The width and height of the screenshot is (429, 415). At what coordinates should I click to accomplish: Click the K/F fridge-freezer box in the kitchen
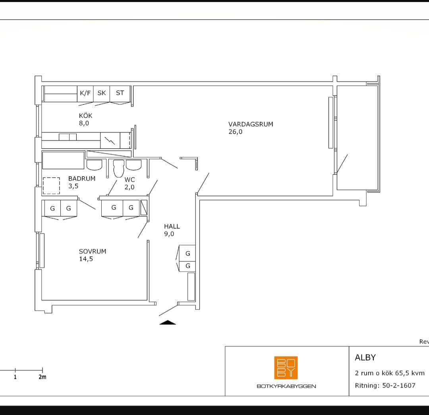[85, 94]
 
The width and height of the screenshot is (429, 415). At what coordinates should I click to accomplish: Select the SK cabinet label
[102, 93]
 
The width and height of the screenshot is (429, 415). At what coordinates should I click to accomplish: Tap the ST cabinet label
[120, 93]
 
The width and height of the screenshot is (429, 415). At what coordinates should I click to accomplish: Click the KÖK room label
[86, 115]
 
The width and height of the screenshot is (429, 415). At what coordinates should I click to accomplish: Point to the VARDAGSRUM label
[251, 124]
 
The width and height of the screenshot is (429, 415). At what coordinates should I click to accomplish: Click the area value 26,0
[235, 132]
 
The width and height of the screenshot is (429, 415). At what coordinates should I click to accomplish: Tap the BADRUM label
[82, 178]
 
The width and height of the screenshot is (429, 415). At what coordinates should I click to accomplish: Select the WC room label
[129, 179]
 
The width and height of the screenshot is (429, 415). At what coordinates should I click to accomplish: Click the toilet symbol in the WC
[119, 168]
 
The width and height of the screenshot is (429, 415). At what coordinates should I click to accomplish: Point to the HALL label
[172, 226]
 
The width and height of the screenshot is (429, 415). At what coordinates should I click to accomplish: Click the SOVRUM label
[93, 251]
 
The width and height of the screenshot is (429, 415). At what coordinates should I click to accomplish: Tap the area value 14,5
[86, 259]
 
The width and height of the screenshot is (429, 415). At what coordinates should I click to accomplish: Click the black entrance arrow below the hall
[168, 322]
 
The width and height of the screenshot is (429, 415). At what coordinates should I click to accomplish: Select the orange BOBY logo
[286, 368]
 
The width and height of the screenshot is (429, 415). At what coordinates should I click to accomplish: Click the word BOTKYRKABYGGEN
[286, 386]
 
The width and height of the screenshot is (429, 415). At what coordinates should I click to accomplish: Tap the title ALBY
[365, 357]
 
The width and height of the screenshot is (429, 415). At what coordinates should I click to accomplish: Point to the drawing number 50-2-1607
[399, 386]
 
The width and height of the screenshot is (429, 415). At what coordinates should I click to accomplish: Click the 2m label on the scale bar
[43, 377]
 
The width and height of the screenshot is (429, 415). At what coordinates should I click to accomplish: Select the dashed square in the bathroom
[51, 186]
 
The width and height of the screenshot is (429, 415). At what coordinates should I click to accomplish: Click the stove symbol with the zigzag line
[110, 140]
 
